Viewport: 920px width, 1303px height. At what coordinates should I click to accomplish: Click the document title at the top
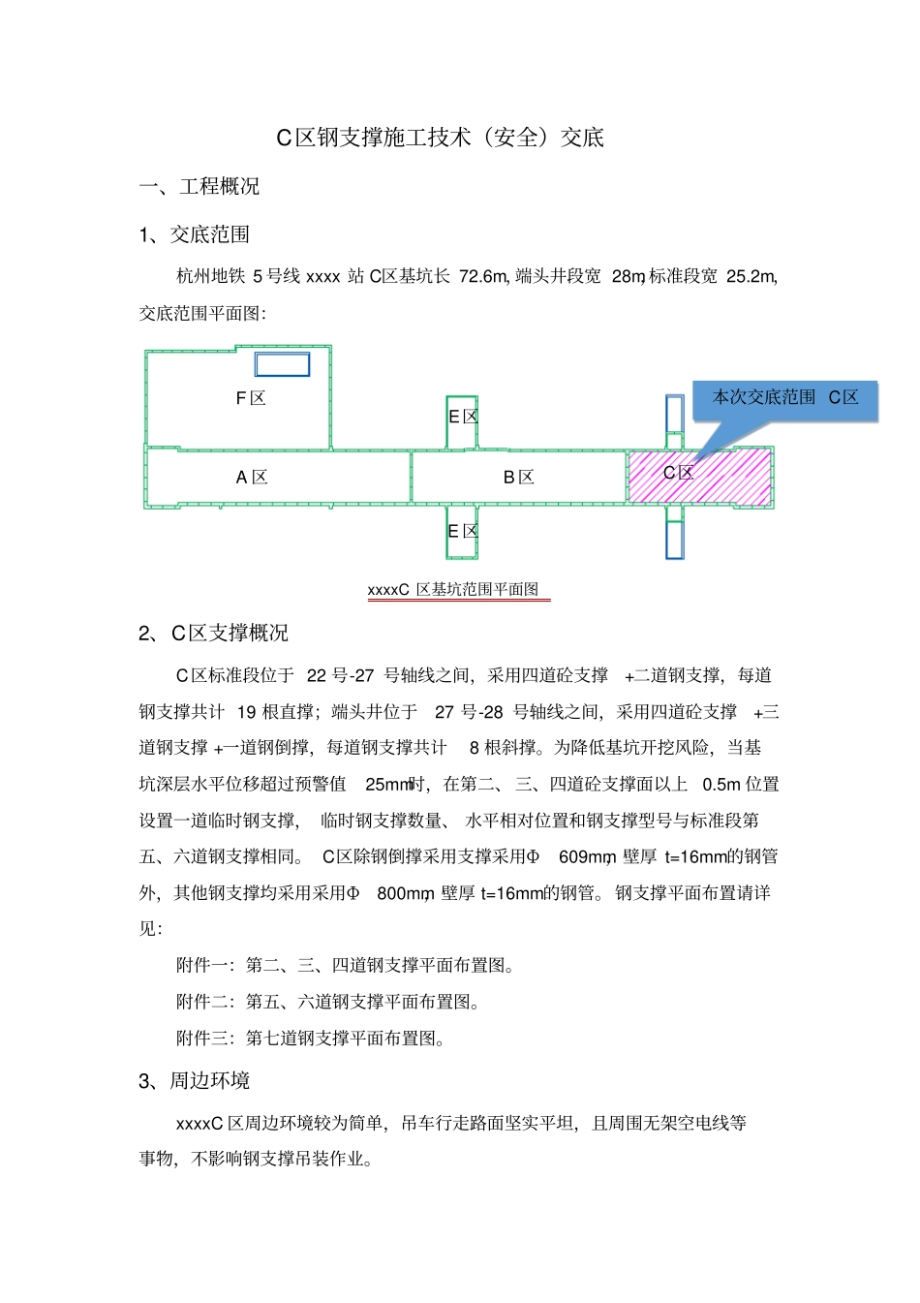(441, 138)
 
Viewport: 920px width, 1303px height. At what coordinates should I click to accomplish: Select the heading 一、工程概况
(199, 186)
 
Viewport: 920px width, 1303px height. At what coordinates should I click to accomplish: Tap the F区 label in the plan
(251, 398)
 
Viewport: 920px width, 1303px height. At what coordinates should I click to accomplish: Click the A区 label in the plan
(252, 477)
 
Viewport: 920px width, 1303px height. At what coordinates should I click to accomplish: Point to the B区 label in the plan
(519, 477)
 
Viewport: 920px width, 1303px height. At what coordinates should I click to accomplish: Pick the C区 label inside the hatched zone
(678, 473)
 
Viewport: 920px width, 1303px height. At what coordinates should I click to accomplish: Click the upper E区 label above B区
(463, 417)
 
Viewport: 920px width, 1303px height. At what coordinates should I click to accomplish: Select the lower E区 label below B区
(463, 531)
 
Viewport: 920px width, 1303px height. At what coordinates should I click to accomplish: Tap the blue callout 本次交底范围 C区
(785, 397)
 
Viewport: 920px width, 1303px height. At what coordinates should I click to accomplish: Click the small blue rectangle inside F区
(282, 364)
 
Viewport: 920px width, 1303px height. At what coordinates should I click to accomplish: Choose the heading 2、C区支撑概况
(213, 633)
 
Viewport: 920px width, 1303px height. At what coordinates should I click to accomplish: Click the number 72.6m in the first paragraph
(483, 276)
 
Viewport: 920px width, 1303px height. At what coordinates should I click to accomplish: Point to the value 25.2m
(751, 276)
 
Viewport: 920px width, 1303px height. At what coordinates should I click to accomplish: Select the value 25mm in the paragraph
(388, 785)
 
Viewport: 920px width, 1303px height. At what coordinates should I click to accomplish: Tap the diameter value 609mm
(587, 857)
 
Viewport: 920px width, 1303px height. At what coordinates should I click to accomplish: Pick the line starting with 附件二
(328, 1002)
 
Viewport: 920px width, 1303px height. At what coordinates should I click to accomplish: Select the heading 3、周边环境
(195, 1080)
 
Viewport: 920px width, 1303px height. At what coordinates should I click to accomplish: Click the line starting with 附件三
(311, 1039)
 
